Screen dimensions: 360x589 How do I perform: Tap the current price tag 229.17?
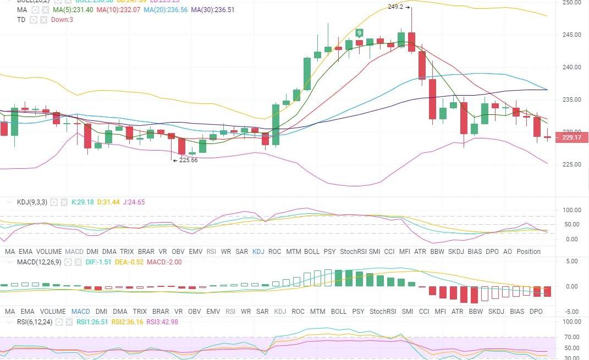click(x=571, y=137)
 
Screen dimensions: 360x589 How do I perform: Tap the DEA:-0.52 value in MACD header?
click(x=130, y=262)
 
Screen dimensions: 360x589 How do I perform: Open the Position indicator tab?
click(x=529, y=251)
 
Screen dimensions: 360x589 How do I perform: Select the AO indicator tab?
click(x=508, y=251)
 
